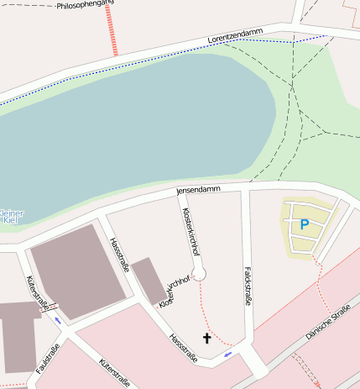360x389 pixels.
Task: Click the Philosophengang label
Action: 85,5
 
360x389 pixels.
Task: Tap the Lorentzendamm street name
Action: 236,35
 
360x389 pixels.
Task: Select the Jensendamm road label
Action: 198,190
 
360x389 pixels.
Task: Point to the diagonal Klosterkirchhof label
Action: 172,289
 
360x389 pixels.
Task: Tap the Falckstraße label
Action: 248,287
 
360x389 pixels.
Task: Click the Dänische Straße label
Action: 328,323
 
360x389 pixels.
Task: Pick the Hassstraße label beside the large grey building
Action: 118,255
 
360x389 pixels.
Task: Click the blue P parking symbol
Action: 304,224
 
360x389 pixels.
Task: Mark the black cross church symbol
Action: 206,338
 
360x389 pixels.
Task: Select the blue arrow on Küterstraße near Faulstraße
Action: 57,320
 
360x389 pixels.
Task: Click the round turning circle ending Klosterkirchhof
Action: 199,272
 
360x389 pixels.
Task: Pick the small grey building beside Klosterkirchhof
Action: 149,281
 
